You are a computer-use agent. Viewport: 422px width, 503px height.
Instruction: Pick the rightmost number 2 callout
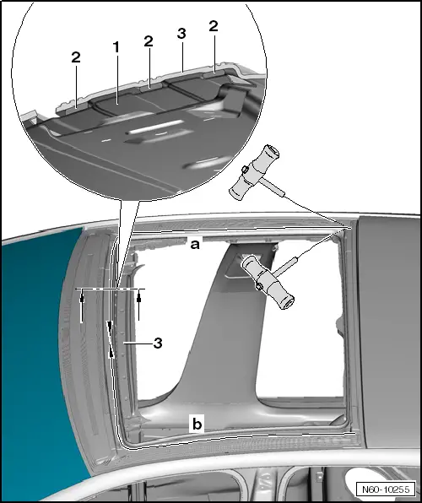coord(214,27)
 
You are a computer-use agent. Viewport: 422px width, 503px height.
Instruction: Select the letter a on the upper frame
coord(194,244)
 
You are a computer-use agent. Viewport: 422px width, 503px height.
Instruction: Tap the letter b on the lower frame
coord(196,425)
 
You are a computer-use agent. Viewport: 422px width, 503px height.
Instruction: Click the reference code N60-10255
coord(385,488)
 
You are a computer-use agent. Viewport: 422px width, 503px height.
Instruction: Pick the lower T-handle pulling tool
coord(267,280)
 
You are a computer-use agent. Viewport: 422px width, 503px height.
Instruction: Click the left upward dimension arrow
coord(82,309)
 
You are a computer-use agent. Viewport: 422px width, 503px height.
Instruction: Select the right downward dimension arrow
coord(138,302)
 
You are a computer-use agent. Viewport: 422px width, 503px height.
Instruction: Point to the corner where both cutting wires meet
coord(347,226)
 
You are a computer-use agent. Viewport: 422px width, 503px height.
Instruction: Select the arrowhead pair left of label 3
coord(110,339)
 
